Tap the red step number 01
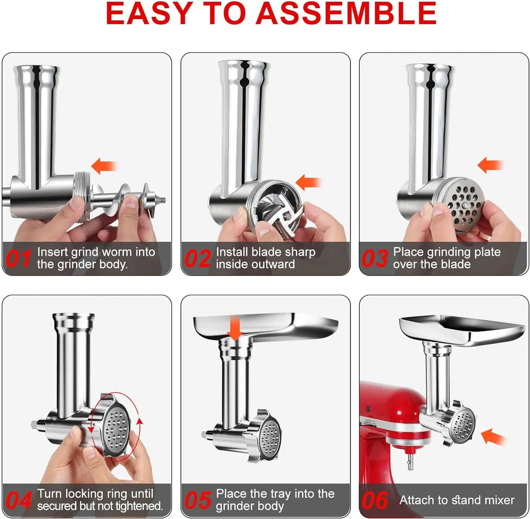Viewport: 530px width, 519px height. coord(18,258)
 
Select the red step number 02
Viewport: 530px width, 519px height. coord(197,258)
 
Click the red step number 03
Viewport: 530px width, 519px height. coord(375,258)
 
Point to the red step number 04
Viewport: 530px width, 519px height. coord(19,500)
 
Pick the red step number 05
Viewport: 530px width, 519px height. coord(197,500)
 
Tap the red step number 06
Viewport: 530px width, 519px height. coord(375,500)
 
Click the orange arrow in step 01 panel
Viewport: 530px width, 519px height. coord(104,166)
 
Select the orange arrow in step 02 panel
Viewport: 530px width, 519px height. coord(308,182)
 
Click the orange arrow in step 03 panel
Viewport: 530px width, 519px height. coord(490,165)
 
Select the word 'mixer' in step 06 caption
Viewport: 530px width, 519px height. coord(495,500)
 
